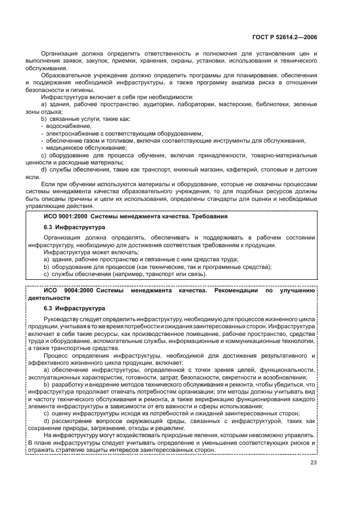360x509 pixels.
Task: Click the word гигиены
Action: point(81,90)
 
